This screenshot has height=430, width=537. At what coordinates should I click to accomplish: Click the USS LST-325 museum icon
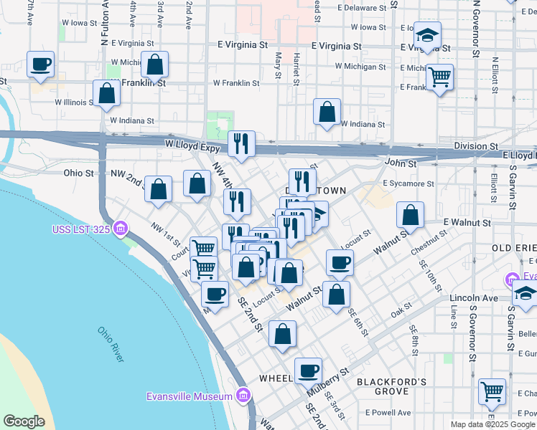(121, 229)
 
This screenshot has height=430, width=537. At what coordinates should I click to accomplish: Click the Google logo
(24, 421)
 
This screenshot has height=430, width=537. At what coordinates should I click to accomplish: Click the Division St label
(476, 145)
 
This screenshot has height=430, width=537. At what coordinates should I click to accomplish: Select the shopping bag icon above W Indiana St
(327, 112)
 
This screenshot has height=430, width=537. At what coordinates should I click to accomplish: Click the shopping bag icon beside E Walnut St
(410, 214)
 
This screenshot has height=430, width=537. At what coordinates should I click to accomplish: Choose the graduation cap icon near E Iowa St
(427, 35)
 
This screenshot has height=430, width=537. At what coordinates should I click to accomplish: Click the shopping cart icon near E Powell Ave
(492, 391)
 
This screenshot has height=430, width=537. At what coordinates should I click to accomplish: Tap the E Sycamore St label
(408, 183)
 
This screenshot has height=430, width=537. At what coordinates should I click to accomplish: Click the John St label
(401, 164)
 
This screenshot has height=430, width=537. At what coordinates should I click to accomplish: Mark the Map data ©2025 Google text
(492, 424)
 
